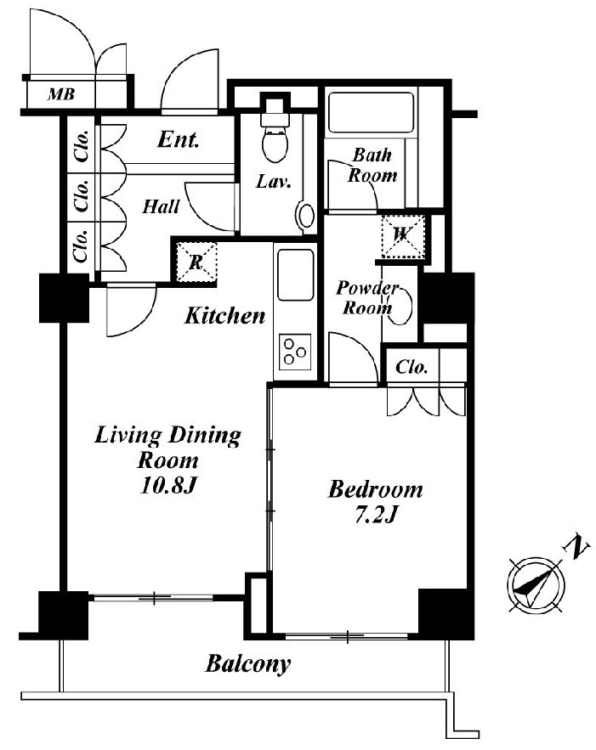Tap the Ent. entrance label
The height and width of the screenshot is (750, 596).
[x=178, y=139]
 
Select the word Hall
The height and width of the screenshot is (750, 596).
[x=161, y=206]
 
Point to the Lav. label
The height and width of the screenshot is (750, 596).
[x=274, y=181]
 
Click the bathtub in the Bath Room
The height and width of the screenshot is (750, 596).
[x=371, y=112]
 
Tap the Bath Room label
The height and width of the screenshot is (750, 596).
[x=372, y=166]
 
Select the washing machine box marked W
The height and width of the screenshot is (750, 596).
[x=403, y=236]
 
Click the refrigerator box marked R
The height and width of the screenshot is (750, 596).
[x=196, y=262]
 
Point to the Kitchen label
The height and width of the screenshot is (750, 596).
[x=224, y=316]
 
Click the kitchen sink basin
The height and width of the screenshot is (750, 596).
[x=296, y=274]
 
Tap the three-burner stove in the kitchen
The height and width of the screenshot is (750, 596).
[x=295, y=352]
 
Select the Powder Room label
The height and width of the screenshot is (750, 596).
[x=366, y=297]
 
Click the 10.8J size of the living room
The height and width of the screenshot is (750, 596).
[x=167, y=486]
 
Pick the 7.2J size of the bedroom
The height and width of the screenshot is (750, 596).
[x=377, y=515]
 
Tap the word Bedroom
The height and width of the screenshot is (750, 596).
[x=376, y=490]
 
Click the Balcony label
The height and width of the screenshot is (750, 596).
[x=248, y=664]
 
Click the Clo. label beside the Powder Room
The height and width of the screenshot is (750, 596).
[x=412, y=367]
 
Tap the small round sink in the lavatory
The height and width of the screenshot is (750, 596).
[x=305, y=215]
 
